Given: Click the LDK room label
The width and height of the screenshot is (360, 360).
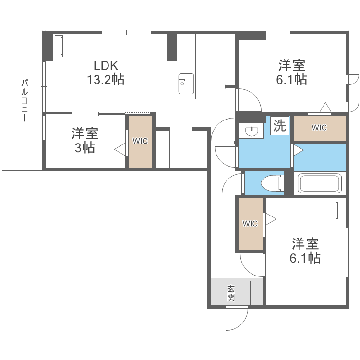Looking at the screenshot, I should click(x=105, y=66).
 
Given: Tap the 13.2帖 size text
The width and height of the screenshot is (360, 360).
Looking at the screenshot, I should click(x=105, y=79).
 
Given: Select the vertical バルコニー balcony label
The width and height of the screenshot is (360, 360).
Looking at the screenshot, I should click(x=24, y=101).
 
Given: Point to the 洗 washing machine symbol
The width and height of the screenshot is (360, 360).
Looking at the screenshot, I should click(x=279, y=126).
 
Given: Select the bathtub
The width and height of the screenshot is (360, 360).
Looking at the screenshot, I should click(x=319, y=183).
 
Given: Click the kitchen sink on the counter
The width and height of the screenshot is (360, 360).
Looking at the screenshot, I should click(x=186, y=84).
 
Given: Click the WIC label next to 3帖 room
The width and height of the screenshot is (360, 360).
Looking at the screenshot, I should click(x=140, y=141).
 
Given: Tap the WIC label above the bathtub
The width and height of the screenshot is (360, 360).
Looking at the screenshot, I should click(x=319, y=128).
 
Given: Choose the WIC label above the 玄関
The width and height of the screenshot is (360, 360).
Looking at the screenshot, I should click(x=250, y=223).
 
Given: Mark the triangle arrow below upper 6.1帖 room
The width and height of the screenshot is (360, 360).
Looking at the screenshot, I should click(x=325, y=108).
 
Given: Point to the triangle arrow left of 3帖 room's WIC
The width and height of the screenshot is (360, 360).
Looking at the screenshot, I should click(x=120, y=150).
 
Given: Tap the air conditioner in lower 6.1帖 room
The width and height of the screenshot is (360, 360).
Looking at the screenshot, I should click(x=340, y=211).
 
